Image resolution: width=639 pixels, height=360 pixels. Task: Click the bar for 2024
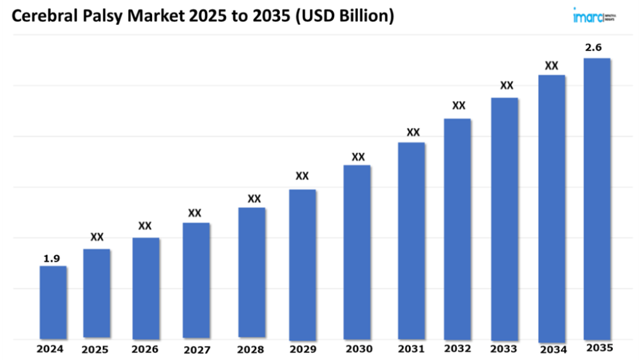point(53,302)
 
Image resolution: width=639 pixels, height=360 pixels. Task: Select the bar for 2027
point(196,280)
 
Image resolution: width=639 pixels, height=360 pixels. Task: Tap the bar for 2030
point(357,252)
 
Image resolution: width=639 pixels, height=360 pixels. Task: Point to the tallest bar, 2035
point(597,199)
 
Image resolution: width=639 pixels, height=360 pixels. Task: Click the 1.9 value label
point(52,258)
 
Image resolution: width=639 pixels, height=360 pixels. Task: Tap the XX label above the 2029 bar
point(302,176)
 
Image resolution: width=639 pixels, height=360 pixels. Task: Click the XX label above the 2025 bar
point(96,237)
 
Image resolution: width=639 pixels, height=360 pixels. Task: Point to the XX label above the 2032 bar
point(458,106)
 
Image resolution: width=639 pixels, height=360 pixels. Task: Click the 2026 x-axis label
point(145,349)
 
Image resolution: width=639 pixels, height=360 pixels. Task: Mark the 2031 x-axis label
point(411,349)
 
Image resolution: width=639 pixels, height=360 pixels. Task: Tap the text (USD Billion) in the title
point(344,17)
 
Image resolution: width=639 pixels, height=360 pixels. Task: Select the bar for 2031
point(412,240)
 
